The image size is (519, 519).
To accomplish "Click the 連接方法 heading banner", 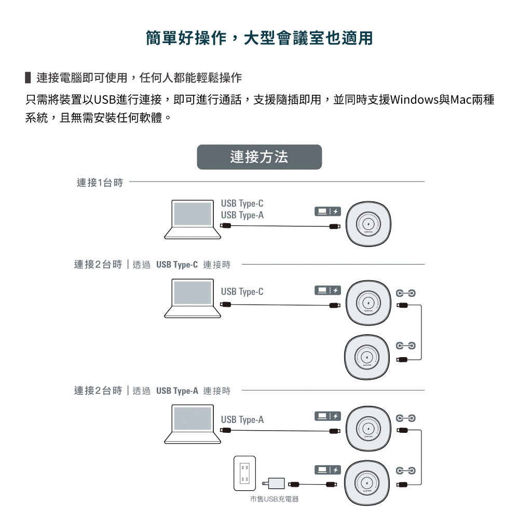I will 259,157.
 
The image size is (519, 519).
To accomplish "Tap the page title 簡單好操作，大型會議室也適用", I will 259,38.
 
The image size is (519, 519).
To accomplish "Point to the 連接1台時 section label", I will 100,182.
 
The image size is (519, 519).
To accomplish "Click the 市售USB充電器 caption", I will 274,499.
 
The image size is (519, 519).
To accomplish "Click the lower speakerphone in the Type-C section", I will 367,358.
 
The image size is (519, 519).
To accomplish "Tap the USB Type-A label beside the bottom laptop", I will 242,419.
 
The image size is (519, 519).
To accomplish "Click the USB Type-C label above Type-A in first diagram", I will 242,203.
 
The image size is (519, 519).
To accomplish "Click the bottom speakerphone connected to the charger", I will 367,483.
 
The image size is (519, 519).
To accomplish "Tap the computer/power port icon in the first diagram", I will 327,211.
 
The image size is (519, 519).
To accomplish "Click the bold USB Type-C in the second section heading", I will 177,265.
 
